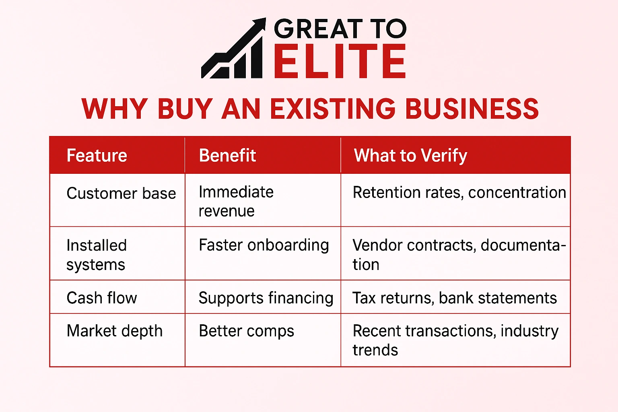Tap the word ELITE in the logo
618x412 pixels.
tap(340, 62)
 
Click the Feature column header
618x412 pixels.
tap(97, 156)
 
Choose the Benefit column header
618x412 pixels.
tap(227, 156)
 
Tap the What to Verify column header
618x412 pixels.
tap(410, 156)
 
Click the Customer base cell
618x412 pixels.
tap(121, 194)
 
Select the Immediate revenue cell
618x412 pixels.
tap(236, 201)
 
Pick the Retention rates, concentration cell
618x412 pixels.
tap(459, 193)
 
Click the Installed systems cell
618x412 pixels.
tap(97, 255)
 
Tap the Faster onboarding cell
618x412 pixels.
tap(264, 245)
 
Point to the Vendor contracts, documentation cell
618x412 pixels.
tap(459, 255)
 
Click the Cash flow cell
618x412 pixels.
tap(102, 298)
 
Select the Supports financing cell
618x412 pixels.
tap(266, 298)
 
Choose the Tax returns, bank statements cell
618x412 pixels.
tap(455, 298)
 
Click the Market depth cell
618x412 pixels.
tap(115, 331)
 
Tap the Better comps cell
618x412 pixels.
tap(246, 331)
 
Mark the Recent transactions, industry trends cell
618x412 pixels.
tap(455, 340)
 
